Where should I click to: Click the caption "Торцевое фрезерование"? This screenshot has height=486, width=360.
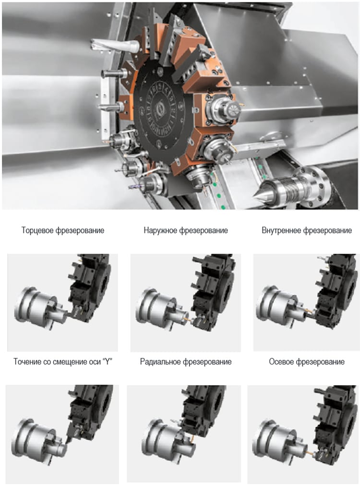point(63,231)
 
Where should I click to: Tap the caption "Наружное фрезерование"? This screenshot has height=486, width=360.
point(186,231)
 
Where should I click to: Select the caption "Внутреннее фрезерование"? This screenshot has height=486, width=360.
point(307,231)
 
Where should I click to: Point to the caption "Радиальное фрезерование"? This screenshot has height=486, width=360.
point(186,362)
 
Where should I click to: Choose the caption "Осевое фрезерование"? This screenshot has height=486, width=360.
point(307,362)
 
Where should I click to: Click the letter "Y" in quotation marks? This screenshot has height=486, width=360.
point(107,362)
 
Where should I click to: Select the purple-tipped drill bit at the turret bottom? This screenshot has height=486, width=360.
point(135,187)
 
